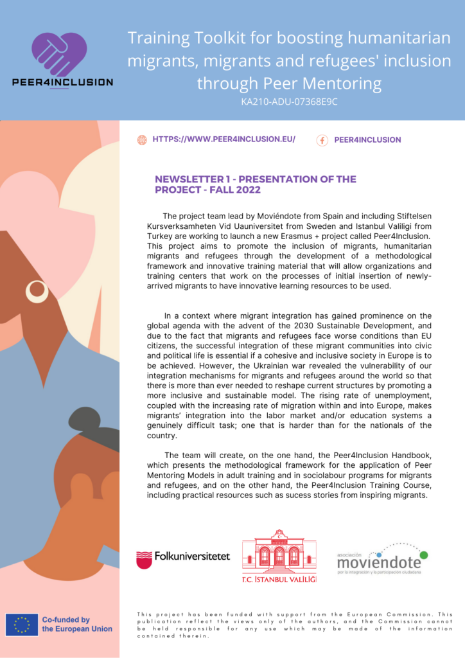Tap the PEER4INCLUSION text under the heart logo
pos(62,82)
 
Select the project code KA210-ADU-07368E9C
pos(289,102)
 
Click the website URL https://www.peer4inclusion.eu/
pos(224,139)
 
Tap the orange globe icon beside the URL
pos(142,139)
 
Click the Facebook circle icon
pos(322,140)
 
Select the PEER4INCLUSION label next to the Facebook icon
pos(367,140)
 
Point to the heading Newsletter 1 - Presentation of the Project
pos(256,184)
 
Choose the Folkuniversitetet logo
pos(183,558)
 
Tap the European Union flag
pos(21,624)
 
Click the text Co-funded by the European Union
pos(77,624)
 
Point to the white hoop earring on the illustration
pos(37,292)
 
